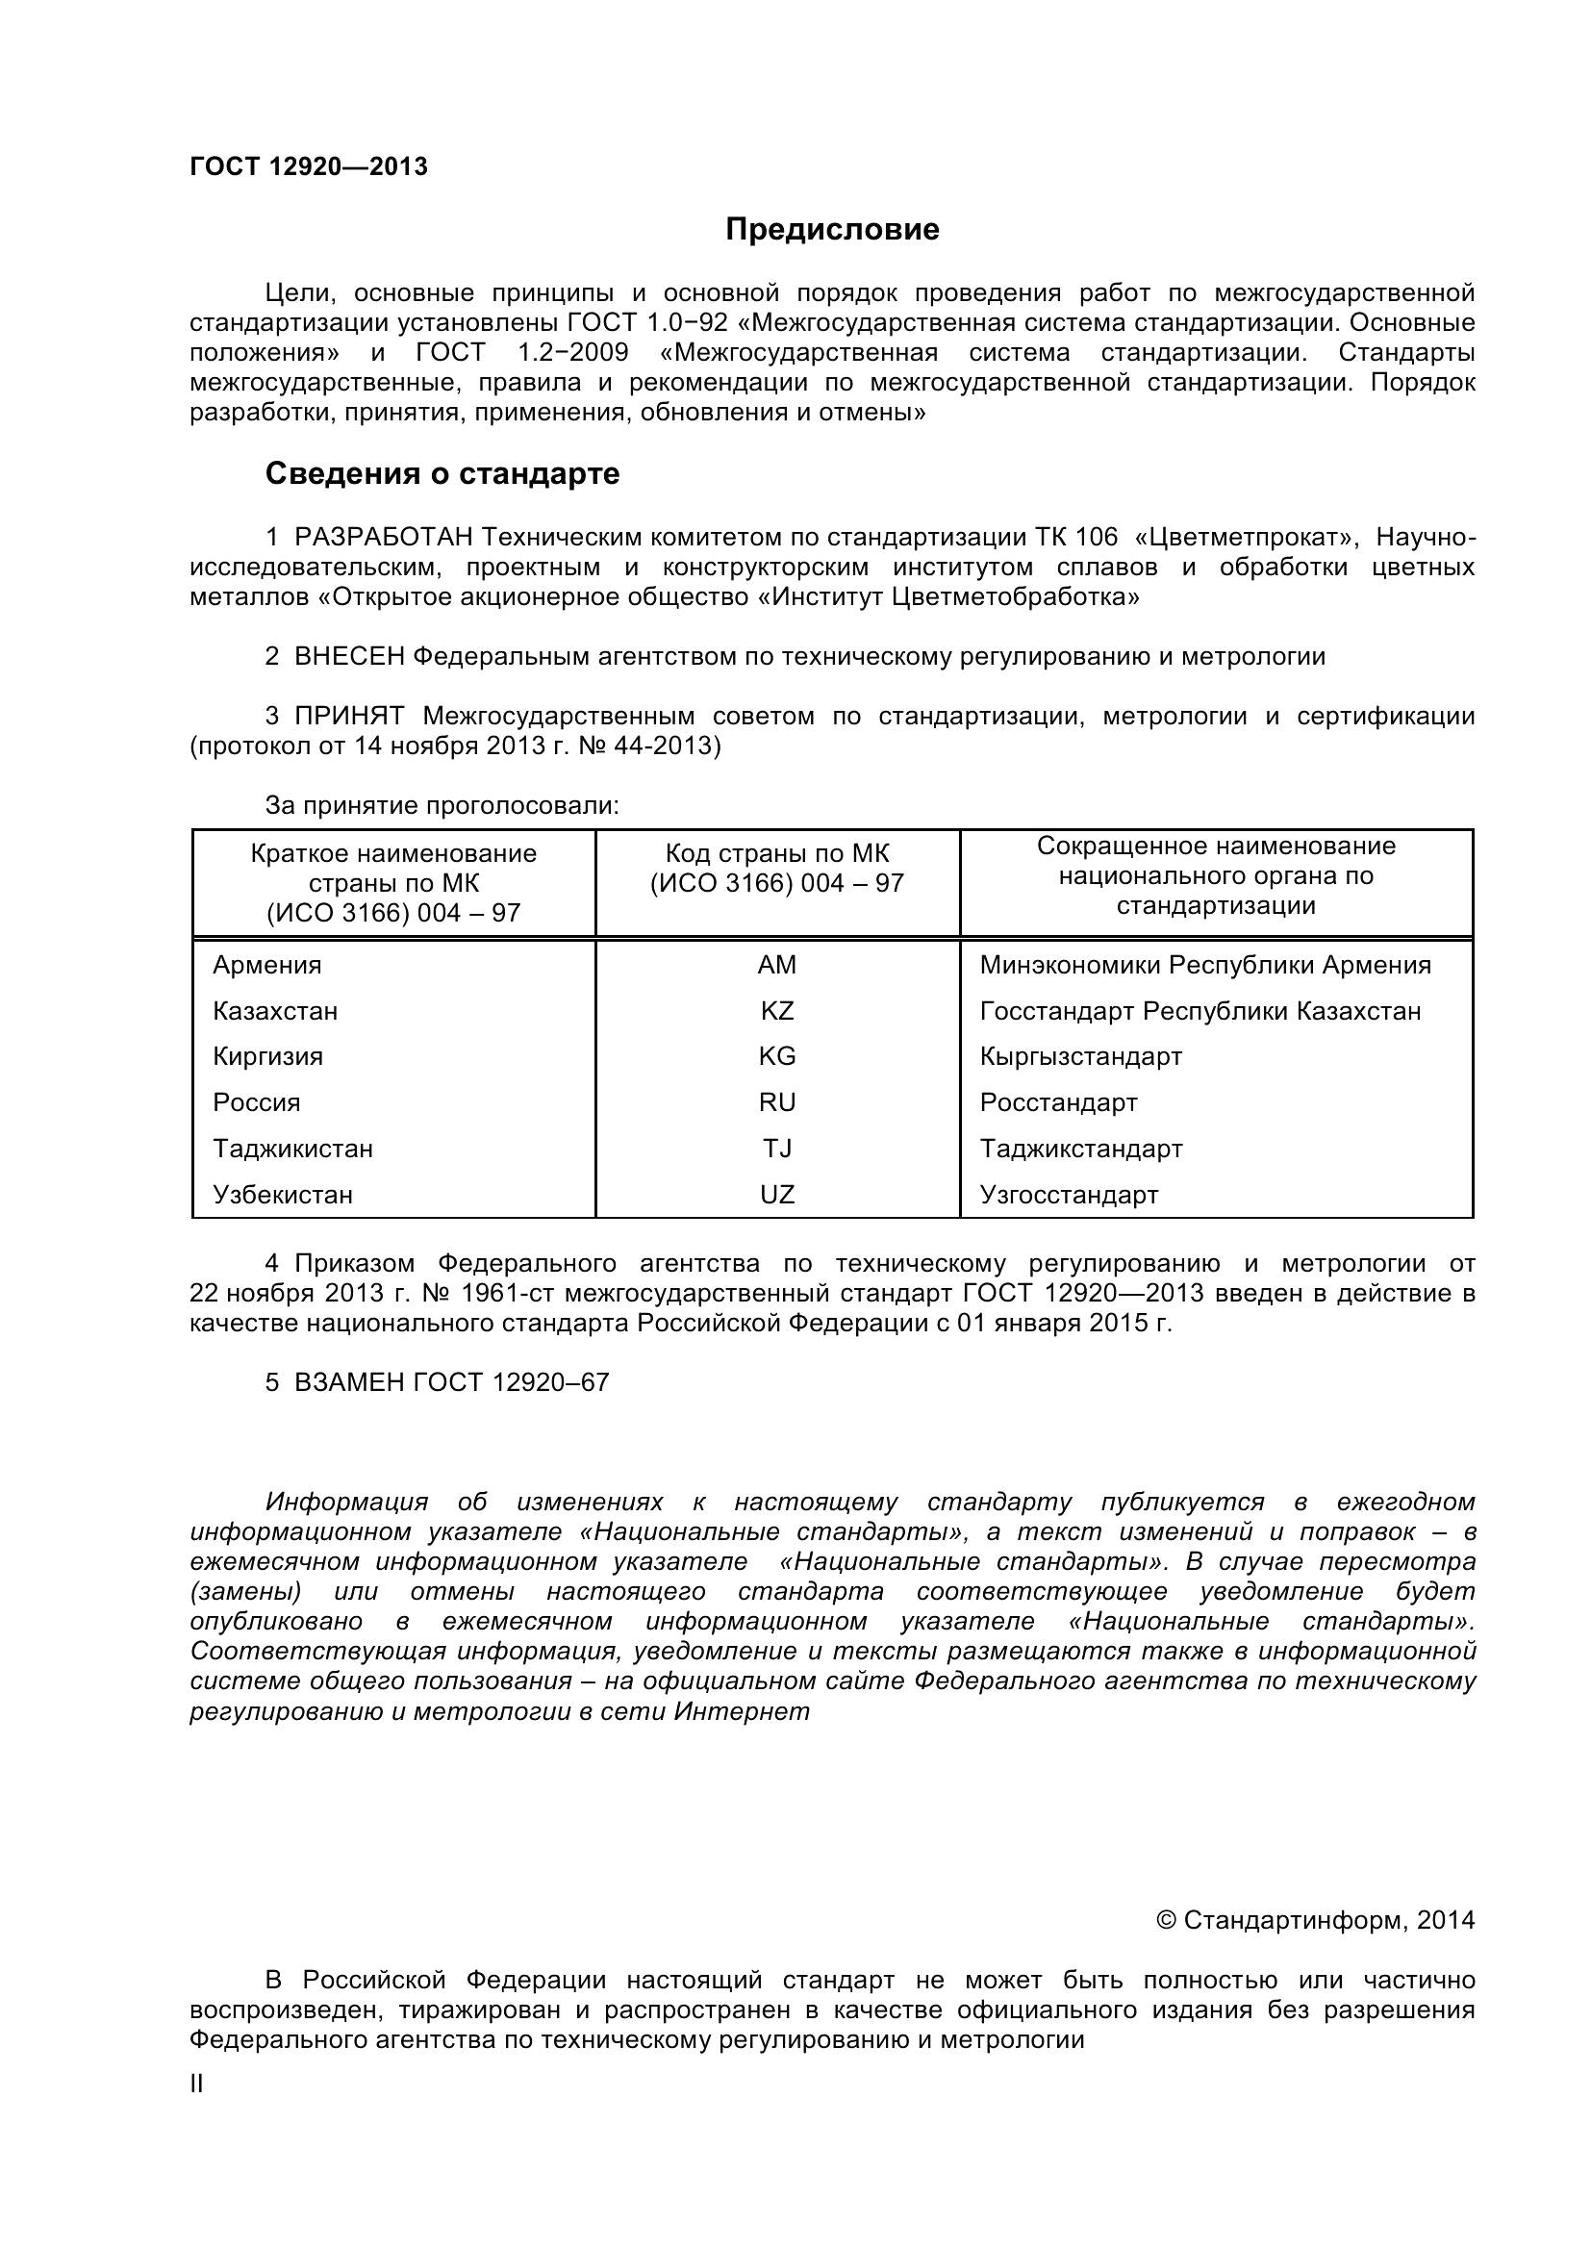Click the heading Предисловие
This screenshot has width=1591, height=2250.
(832, 229)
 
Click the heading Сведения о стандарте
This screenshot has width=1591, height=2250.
(442, 474)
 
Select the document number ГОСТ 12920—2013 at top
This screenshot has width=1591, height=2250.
(309, 167)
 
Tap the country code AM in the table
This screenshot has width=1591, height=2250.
(777, 965)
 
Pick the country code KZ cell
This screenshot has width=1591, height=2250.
(777, 1011)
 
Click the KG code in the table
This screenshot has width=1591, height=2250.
(777, 1056)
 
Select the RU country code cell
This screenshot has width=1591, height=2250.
(777, 1102)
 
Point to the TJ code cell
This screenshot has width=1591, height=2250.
(777, 1149)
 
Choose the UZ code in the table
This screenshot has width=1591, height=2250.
(777, 1195)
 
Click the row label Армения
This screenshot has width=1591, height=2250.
(266, 965)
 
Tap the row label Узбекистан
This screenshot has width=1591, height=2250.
(283, 1195)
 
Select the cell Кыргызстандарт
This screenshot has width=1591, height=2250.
(1080, 1056)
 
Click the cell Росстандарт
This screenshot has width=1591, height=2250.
(1058, 1102)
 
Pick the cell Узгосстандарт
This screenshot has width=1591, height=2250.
(1069, 1195)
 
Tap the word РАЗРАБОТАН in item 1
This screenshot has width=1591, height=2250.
(384, 537)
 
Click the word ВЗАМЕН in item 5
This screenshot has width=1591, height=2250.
(350, 1382)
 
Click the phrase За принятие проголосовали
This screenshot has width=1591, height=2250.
(442, 805)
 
